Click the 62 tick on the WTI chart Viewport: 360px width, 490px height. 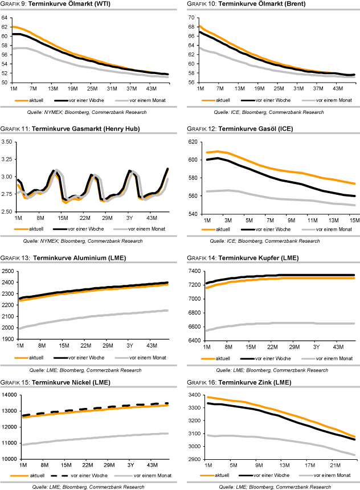pos(5,27)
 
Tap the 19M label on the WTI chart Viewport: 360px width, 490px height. pos(72,89)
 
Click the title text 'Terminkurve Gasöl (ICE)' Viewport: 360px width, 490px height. pos(256,129)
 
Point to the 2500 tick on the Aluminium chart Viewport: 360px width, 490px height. pos(8,269)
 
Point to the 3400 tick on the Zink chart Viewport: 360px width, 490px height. pos(194,395)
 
